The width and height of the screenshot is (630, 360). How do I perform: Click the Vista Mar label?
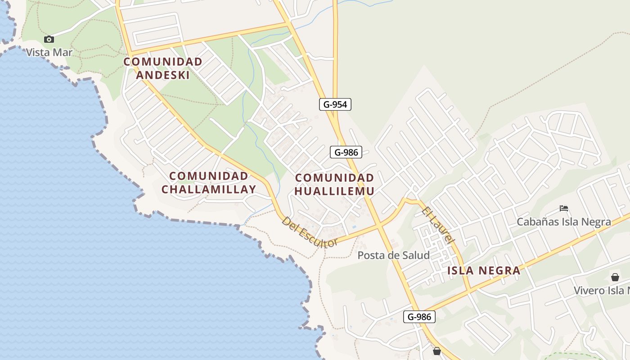coord(49,52)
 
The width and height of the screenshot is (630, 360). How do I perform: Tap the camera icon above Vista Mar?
coord(49,39)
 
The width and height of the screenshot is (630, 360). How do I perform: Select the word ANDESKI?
coord(163,75)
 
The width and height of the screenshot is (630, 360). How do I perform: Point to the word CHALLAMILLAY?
coord(209,189)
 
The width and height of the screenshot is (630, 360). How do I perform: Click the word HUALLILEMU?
coord(334,191)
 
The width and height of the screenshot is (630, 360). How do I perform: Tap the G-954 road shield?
coord(335,104)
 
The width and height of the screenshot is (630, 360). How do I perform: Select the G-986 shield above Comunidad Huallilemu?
coord(346,152)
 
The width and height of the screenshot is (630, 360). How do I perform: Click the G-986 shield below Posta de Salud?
coord(419,317)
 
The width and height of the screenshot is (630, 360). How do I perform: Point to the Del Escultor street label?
coord(309,232)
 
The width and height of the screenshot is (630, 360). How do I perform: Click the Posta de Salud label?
coord(393,256)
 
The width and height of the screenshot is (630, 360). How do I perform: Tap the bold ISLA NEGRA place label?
coord(484,270)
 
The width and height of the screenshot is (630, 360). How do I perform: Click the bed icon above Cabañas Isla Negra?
coord(564,208)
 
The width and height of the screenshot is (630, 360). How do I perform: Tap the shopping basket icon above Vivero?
coord(615,277)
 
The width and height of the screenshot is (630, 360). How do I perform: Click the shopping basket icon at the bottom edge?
coord(436,351)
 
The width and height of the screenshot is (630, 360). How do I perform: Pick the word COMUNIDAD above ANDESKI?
coord(163,62)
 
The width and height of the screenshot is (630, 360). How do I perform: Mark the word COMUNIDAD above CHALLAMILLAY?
coord(209,176)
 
